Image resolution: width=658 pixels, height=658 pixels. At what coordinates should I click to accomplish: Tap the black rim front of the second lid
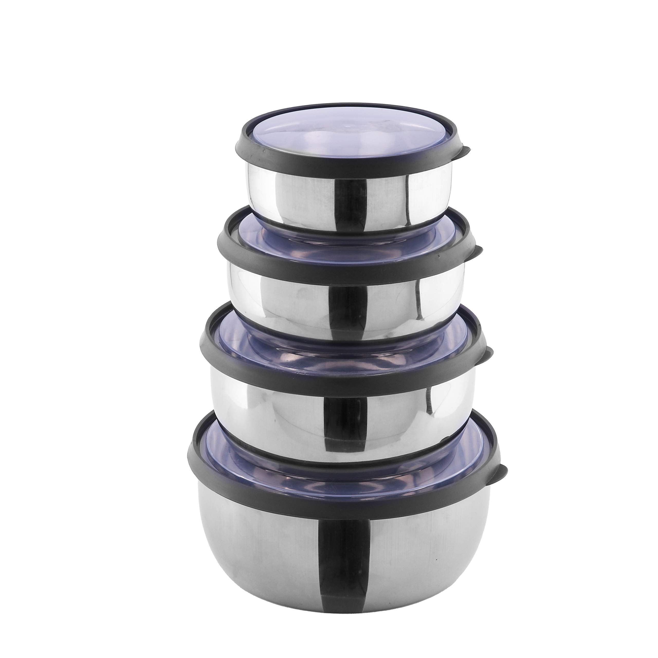coord(348,271)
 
